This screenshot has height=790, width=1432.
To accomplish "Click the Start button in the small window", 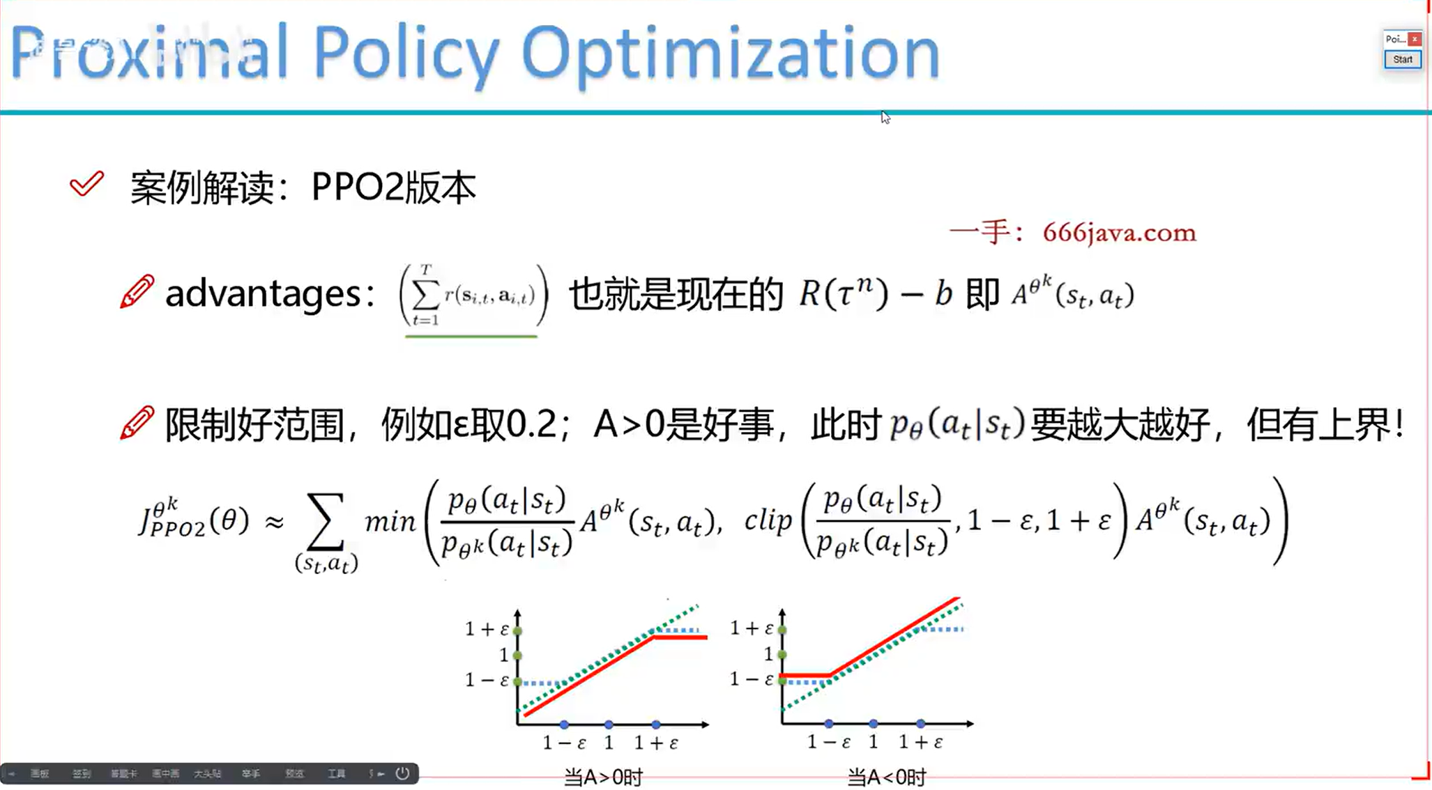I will [1402, 60].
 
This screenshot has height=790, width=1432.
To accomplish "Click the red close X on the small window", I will [1415, 39].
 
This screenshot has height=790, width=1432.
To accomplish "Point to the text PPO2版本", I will [393, 187].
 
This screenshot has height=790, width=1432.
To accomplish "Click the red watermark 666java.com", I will [1119, 233].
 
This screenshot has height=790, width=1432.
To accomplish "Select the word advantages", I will [263, 293].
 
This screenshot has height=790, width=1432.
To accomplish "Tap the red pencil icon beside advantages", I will [137, 291].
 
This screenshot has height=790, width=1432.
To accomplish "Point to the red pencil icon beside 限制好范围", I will [137, 423].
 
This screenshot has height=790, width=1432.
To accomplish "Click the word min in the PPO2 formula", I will [390, 521].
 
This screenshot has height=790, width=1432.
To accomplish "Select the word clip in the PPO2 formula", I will [768, 520].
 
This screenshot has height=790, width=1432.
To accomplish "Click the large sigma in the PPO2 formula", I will [326, 521].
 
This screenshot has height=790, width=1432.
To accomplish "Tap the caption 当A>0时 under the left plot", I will [603, 776].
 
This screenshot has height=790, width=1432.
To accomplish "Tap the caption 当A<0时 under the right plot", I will [886, 776].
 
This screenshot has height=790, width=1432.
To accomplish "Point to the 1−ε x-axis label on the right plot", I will [828, 743].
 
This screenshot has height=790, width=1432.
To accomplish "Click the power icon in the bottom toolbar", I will [402, 773].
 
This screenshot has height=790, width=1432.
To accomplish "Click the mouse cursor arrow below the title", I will [885, 117].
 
